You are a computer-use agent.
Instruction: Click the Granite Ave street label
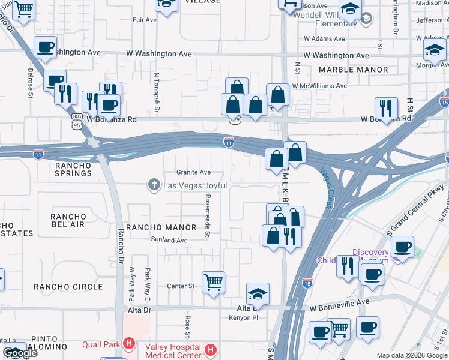pos(193,173)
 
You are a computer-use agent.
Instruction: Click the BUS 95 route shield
pos(76,122)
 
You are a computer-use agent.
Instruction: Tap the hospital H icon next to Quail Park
pos(128,344)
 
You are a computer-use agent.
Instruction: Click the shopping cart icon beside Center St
pos(213,281)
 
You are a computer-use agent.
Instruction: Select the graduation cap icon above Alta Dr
pos(258,294)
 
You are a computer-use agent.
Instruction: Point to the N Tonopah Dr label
pos(157,94)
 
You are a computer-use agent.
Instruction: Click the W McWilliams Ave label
pos(319,86)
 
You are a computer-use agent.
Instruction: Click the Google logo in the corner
pos(20,353)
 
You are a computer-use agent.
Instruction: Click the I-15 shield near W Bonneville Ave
pos(307,281)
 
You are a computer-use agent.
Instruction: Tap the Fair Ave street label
pos(145,20)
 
